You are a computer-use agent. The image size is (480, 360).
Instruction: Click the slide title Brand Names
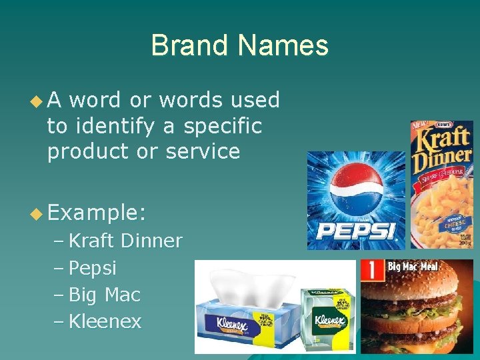pyautogui.click(x=239, y=46)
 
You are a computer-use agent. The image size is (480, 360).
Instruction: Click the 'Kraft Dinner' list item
pyautogui.click(x=125, y=241)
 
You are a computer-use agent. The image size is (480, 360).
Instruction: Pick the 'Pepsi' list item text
pyautogui.click(x=93, y=268)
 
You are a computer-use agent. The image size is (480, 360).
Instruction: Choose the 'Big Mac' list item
pyautogui.click(x=105, y=295)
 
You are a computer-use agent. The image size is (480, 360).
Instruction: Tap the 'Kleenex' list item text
pyautogui.click(x=105, y=322)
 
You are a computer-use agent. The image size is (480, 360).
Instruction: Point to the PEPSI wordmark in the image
pyautogui.click(x=356, y=231)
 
